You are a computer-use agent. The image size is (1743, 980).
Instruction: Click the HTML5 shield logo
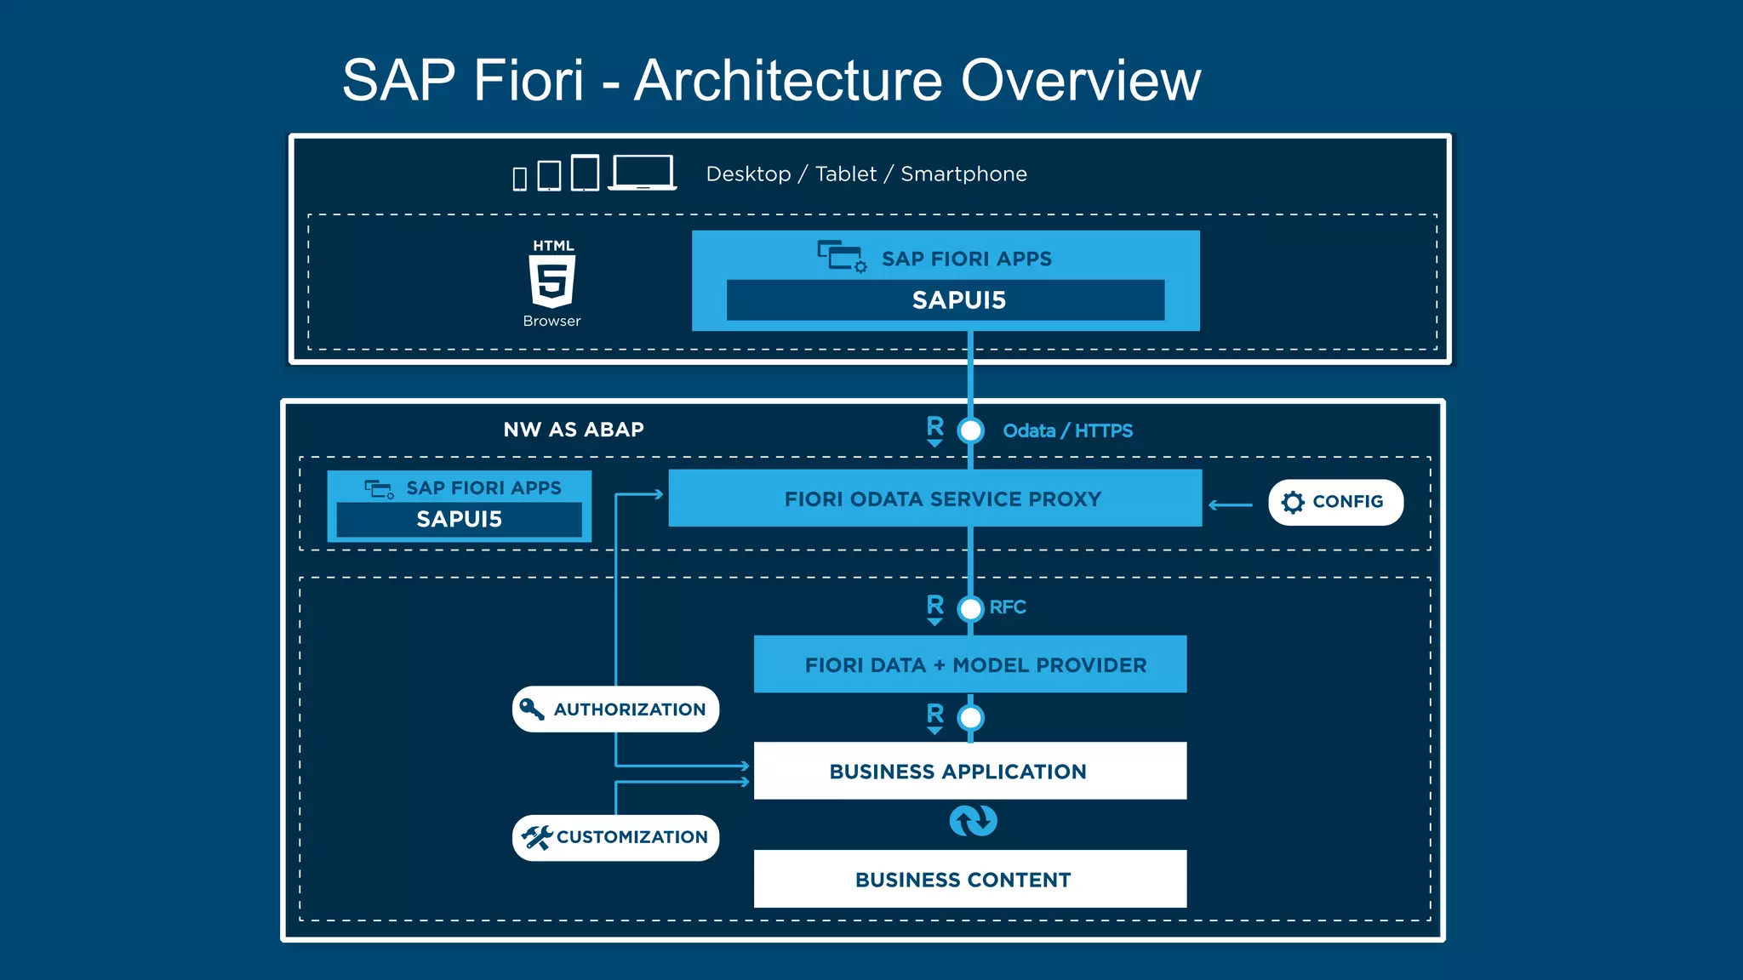(552, 282)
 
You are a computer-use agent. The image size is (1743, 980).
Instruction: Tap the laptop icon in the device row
(643, 173)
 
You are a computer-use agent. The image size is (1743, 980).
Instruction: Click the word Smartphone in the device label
(963, 174)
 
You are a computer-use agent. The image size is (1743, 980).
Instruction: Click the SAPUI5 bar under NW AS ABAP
(459, 519)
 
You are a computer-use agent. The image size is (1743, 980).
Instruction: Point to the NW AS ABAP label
(574, 430)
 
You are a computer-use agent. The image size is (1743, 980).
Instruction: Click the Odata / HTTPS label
(1067, 431)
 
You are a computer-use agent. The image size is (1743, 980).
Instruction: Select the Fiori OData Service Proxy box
(934, 499)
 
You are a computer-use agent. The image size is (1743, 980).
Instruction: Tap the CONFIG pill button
(1334, 502)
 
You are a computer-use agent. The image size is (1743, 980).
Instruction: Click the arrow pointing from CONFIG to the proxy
(1231, 505)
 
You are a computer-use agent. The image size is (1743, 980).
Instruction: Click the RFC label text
(1008, 607)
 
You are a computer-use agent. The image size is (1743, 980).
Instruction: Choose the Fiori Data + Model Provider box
(969, 664)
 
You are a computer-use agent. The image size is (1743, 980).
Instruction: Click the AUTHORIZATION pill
(615, 709)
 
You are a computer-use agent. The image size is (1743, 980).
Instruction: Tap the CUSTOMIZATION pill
(615, 838)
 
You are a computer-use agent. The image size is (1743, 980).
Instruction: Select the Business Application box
(969, 772)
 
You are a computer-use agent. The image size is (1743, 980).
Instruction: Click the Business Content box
(969, 880)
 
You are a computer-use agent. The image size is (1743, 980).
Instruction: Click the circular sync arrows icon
(973, 821)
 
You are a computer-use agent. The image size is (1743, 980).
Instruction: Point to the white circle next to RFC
(970, 609)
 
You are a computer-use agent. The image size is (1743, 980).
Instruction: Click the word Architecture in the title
(788, 81)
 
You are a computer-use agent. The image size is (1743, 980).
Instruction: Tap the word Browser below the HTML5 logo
(551, 322)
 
